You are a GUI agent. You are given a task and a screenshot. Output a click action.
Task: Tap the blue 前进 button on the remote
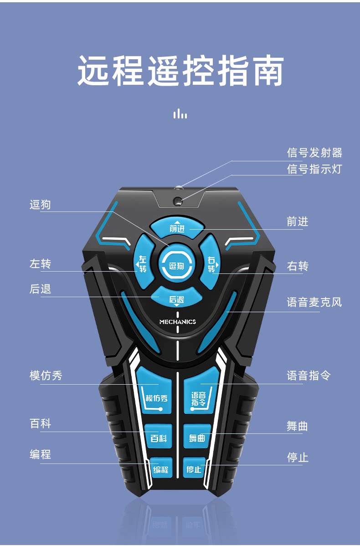[177, 227]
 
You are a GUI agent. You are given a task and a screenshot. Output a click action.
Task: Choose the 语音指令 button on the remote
[199, 394]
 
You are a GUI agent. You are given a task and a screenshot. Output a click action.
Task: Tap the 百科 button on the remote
[158, 437]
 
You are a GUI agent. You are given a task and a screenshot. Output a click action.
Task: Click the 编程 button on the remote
[160, 469]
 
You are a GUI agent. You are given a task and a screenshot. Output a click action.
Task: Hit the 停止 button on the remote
[195, 469]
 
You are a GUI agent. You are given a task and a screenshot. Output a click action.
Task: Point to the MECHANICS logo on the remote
[177, 322]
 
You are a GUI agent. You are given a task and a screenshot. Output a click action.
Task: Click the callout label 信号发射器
[314, 153]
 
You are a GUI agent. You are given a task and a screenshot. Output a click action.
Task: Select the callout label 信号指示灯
[314, 169]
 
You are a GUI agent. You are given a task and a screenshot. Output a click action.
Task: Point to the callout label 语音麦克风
[314, 302]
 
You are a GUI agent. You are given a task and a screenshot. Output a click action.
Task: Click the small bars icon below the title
[180, 113]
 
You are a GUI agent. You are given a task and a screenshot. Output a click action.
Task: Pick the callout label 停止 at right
[298, 457]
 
